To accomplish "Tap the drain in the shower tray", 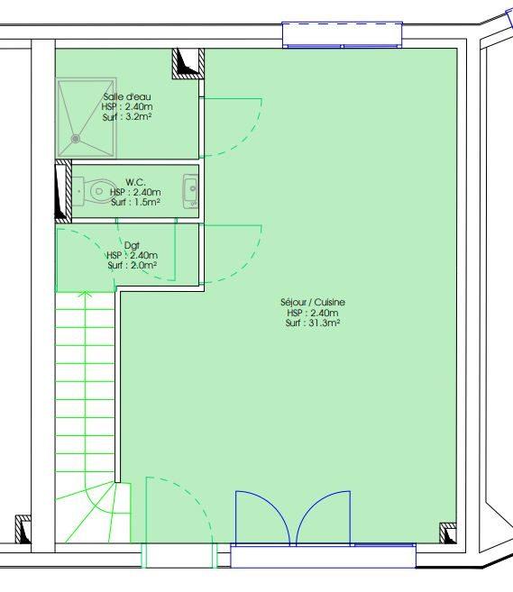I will (x=77, y=139).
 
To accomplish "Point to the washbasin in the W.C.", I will (x=190, y=190).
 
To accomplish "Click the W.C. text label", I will (x=135, y=182).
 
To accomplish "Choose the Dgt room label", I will (x=132, y=245).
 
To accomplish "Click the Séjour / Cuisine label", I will (x=313, y=303).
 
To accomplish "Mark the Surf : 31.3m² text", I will (x=313, y=323).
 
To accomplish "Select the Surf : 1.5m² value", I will (x=135, y=202).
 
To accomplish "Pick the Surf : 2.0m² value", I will (x=132, y=266).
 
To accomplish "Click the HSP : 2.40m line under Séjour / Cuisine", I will (x=313, y=313).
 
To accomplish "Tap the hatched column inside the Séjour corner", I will (x=446, y=533).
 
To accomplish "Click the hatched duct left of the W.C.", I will (x=63, y=191).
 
